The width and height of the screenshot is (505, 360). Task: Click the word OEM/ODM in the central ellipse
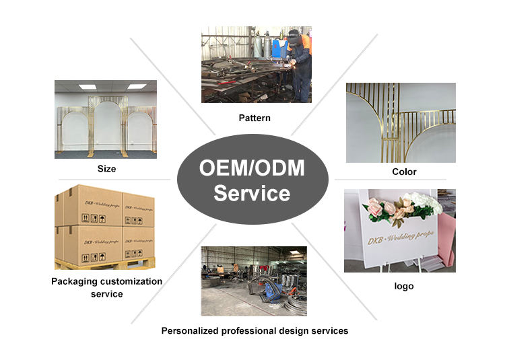(x=252, y=168)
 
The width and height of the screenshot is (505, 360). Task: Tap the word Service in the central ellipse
(x=252, y=194)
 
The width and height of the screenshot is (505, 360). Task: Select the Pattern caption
(x=255, y=118)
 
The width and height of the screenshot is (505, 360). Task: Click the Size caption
(x=106, y=169)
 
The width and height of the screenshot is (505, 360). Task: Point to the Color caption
(x=404, y=172)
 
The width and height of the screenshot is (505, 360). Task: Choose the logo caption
(x=404, y=286)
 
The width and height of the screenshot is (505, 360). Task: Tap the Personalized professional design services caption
(x=255, y=330)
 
